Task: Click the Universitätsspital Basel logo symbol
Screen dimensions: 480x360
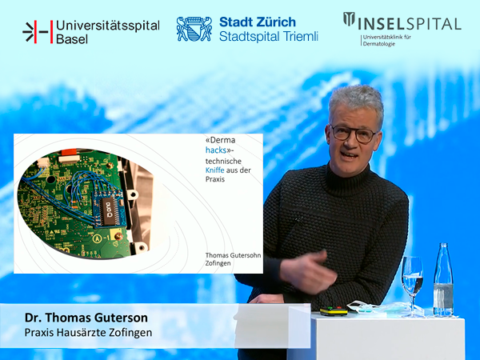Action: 38,32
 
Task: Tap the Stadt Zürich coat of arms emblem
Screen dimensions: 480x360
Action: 194,29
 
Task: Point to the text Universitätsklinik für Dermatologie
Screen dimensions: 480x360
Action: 387,41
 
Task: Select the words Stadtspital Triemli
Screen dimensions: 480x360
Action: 269,37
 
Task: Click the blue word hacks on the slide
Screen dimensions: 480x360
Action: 216,150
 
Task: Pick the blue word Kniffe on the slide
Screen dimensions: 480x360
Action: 214,170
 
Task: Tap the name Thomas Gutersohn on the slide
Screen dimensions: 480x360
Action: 233,255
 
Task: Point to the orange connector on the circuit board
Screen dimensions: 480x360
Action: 69,152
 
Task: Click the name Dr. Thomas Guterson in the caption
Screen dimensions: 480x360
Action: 86,318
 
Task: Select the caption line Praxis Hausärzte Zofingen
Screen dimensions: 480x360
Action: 88,333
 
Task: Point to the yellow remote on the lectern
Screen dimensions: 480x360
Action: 334,311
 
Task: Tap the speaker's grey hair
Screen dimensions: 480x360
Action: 357,102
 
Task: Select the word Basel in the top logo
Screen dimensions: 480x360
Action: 72,39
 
